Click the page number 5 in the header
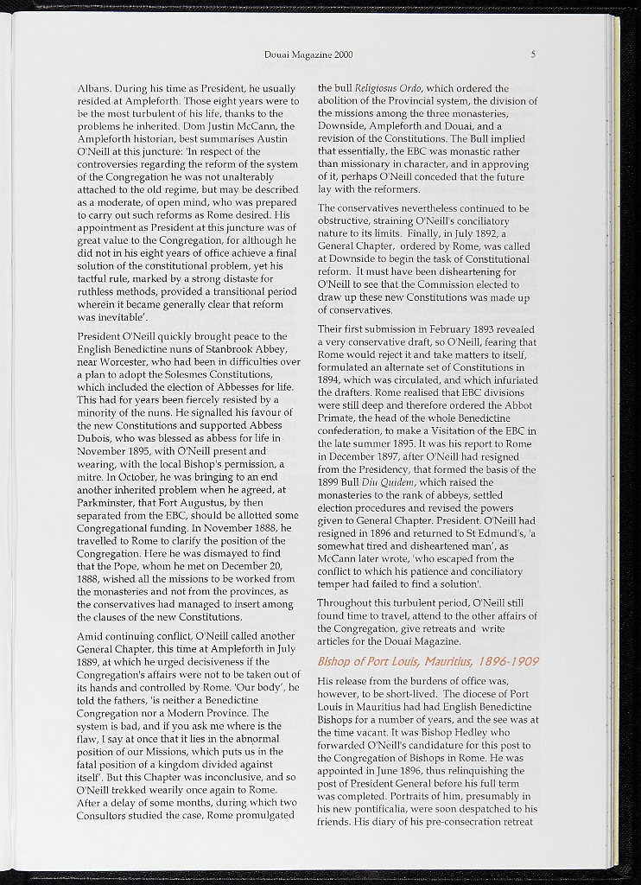(533, 54)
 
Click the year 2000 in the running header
(342, 55)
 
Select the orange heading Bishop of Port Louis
(428, 661)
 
